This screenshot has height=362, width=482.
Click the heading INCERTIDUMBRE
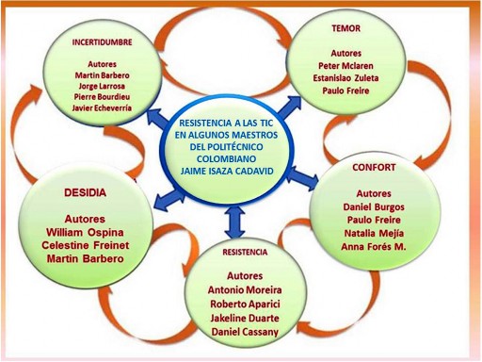[102, 42]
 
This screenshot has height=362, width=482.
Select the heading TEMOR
[346, 28]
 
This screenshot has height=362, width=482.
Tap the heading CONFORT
[374, 167]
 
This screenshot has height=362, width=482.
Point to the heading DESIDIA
[85, 192]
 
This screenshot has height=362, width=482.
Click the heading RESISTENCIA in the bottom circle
[245, 252]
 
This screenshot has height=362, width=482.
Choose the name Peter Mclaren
[345, 66]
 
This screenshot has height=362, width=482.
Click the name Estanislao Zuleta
[345, 78]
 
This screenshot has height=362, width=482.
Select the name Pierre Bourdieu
[102, 97]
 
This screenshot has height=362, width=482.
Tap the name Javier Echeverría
[102, 107]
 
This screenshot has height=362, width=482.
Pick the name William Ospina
[85, 233]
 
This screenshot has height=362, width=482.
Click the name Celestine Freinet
[85, 245]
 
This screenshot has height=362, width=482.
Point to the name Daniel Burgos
[374, 207]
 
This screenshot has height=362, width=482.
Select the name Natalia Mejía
[374, 233]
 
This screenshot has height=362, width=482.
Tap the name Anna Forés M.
[374, 247]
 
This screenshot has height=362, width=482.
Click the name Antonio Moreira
[245, 289]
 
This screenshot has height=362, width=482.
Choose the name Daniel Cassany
[245, 332]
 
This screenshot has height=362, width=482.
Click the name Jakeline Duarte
[245, 318]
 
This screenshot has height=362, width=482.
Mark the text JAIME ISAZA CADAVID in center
[227, 171]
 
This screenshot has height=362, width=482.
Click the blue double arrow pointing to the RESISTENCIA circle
[234, 222]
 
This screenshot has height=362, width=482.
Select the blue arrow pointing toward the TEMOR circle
[289, 107]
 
